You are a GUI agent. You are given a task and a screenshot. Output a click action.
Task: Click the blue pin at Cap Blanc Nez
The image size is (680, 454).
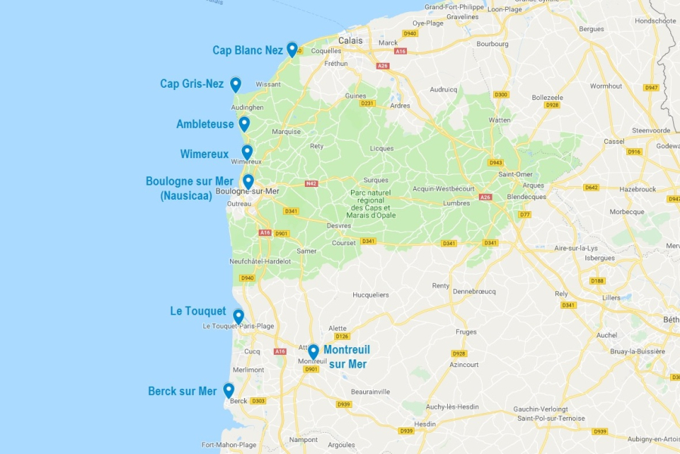(x=292, y=49)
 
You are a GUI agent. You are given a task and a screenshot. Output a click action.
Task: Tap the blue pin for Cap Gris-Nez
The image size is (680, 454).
(x=235, y=84)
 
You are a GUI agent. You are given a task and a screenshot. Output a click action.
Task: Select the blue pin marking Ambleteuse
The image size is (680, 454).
(x=244, y=123)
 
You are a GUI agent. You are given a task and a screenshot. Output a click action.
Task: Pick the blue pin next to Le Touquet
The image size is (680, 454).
(x=238, y=316)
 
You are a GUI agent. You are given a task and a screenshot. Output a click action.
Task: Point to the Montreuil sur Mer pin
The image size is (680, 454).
(x=313, y=351)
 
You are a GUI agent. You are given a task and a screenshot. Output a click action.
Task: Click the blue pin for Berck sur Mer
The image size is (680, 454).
(x=228, y=390)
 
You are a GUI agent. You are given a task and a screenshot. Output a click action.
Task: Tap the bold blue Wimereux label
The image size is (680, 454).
(x=204, y=154)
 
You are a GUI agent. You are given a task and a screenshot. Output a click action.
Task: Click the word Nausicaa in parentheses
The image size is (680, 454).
(x=186, y=195)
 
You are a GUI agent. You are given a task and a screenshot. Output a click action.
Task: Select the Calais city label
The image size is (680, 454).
(x=350, y=41)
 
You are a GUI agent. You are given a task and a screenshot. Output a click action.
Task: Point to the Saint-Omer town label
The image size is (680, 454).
(x=514, y=175)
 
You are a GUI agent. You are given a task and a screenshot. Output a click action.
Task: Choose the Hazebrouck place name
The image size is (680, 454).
(x=638, y=188)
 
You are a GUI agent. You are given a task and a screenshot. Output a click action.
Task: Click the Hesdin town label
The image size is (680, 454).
(x=425, y=424)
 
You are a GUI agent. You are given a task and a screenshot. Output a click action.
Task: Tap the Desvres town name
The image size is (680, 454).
(x=339, y=225)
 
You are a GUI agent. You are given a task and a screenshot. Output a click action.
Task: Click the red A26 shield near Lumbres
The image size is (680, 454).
(x=485, y=197)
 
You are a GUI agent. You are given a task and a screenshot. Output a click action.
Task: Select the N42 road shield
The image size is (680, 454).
(x=311, y=183)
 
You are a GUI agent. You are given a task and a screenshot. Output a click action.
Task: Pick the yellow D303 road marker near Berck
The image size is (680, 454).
(x=258, y=401)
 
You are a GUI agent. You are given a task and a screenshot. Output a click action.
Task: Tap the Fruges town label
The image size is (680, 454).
(x=467, y=331)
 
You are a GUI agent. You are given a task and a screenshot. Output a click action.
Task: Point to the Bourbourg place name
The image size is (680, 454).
(x=492, y=44)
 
